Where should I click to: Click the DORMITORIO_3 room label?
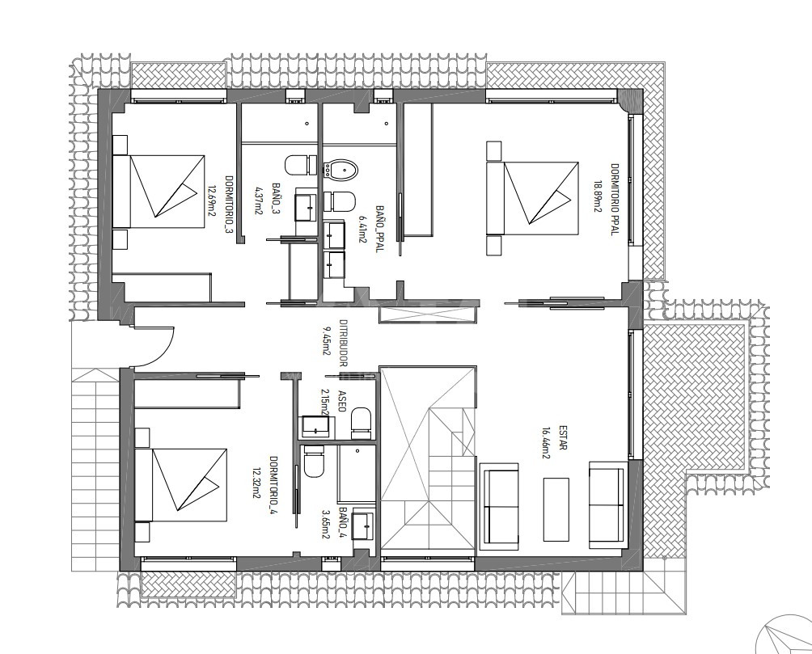point(228,205)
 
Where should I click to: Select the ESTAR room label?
point(563,438)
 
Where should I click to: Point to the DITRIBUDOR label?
point(342,343)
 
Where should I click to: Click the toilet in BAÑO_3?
point(301,165)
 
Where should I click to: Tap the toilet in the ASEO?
point(362,420)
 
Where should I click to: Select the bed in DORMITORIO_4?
point(181,485)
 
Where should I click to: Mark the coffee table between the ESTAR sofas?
point(556,509)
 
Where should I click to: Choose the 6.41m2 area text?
point(362,230)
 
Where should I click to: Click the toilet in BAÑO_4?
point(313,461)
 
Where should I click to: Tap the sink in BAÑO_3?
point(307,207)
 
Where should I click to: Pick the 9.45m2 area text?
point(327,340)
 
